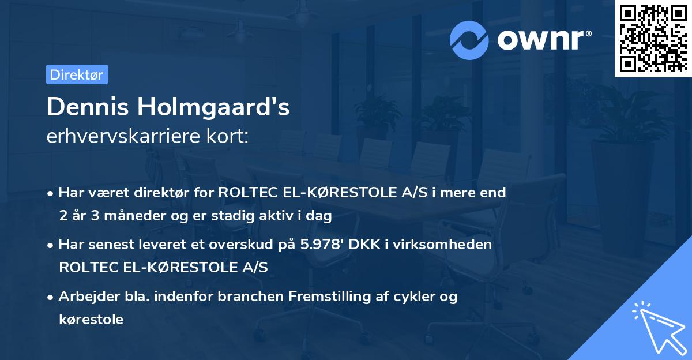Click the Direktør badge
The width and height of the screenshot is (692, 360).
(x=77, y=74)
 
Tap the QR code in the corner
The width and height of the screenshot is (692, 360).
(x=653, y=38)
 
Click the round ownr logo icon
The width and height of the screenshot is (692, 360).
(x=469, y=40)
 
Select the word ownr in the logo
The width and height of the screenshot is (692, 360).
(x=544, y=40)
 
